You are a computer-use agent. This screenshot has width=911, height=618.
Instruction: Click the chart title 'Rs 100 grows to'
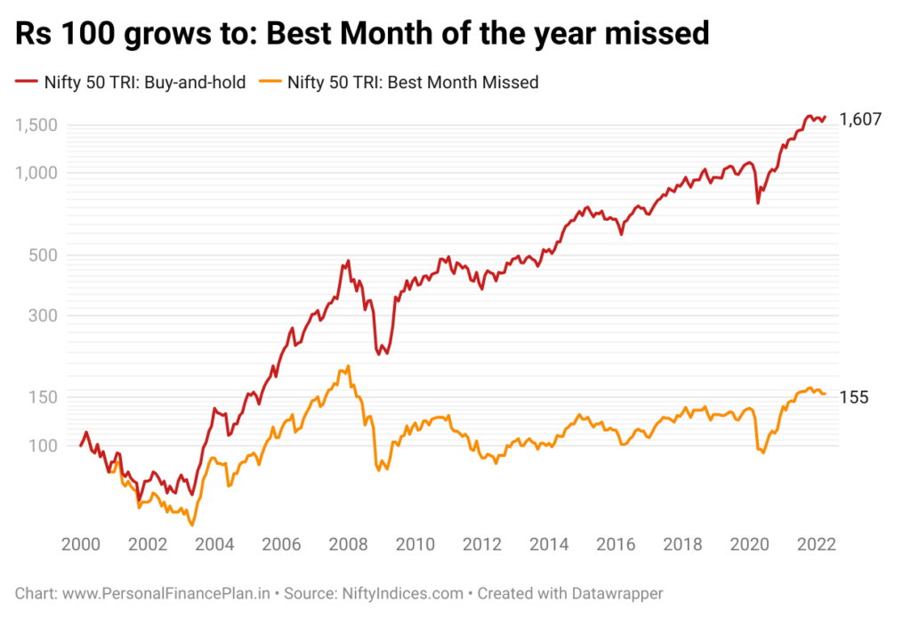[136, 33]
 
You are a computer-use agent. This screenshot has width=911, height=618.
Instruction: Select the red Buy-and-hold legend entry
[130, 83]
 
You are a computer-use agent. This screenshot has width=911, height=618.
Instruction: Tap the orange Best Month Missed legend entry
[399, 83]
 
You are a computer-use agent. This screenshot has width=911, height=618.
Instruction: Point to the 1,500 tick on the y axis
[36, 125]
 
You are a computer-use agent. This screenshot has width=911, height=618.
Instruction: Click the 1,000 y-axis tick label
[36, 173]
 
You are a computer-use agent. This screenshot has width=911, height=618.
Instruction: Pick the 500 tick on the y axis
[43, 256]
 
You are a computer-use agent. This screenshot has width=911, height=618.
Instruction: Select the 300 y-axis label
[43, 316]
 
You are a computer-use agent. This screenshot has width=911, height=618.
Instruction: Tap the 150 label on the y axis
[43, 398]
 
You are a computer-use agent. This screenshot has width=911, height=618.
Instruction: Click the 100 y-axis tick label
[43, 446]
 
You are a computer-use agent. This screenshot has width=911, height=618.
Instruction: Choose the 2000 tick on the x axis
[81, 545]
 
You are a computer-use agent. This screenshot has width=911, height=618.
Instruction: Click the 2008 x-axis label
[348, 545]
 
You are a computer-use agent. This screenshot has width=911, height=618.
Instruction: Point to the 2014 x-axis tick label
[549, 545]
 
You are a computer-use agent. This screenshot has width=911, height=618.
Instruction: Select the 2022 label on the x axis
[817, 545]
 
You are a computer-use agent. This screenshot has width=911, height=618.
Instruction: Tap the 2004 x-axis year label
[214, 545]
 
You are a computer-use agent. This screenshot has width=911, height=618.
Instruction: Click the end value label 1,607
[860, 119]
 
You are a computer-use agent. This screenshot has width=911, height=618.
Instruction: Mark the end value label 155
[854, 398]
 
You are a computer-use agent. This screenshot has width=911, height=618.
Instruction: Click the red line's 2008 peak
[348, 260]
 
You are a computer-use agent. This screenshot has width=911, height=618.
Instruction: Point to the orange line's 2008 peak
[348, 366]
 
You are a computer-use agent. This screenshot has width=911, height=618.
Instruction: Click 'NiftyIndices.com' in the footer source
[403, 594]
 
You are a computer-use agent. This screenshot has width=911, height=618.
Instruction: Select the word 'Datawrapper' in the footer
[617, 594]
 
